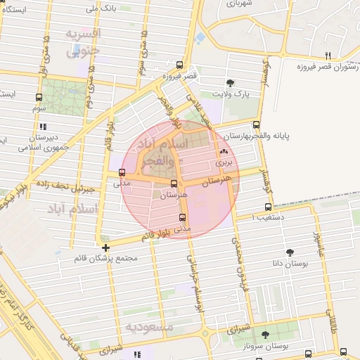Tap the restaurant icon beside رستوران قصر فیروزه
click(x=327, y=56)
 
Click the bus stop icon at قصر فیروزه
click(x=179, y=64)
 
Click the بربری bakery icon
click(x=224, y=150)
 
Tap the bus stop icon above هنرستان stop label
click(x=174, y=183)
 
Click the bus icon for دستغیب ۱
click(x=268, y=207)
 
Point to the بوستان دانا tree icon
click(x=290, y=252)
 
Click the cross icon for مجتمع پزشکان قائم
click(x=105, y=247)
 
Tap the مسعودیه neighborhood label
click(x=150, y=327)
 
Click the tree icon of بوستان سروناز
click(x=264, y=335)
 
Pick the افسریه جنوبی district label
click(x=84, y=42)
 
